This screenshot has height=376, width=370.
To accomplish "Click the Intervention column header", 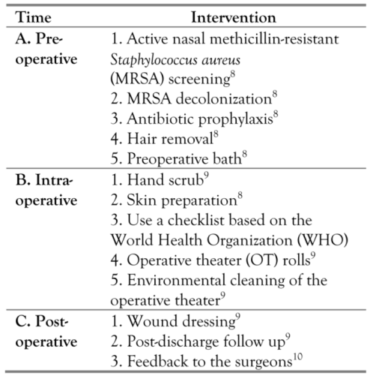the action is pos(232,16).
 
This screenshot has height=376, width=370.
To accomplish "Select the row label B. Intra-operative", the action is pos(44,191).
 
